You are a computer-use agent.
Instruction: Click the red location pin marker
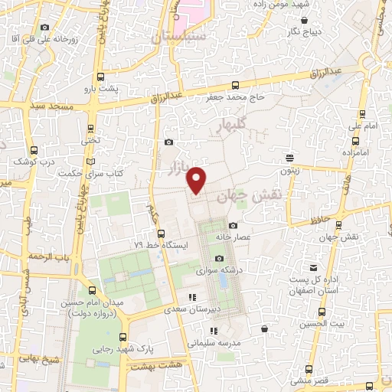pos(198,180)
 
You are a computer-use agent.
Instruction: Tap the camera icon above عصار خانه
pos(233,226)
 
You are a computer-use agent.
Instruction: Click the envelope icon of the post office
pos(313,267)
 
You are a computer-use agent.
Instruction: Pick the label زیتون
pos(289,171)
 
